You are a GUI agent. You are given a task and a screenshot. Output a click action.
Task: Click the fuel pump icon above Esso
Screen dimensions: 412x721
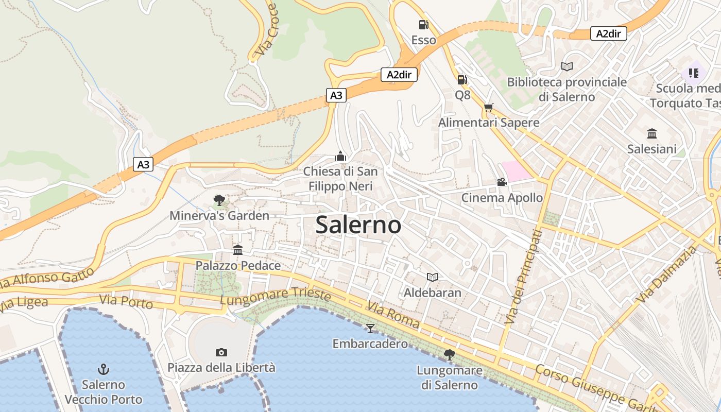coord(423,24)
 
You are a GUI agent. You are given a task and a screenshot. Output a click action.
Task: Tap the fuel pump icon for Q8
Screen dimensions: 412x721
coord(462,79)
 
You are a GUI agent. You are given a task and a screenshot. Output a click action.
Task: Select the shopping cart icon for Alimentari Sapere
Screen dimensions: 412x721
coord(488,107)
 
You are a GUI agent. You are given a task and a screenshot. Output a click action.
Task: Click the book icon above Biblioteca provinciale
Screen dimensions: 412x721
coord(566,66)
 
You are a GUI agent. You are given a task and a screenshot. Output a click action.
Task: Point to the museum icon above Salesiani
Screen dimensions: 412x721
coord(652,134)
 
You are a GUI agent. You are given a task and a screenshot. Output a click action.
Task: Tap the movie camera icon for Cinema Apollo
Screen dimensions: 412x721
coord(502,182)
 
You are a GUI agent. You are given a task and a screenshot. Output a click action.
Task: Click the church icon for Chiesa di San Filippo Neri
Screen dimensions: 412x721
coord(340,156)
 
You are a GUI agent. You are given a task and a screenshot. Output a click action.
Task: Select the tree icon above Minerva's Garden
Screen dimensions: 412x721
coord(219,200)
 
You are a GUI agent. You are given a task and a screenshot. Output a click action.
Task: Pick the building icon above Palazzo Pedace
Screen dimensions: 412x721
coord(238,250)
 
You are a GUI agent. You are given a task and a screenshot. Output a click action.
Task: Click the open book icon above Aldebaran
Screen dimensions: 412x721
coord(433,278)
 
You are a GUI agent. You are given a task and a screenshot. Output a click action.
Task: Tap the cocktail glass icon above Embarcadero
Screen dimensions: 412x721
coord(370,328)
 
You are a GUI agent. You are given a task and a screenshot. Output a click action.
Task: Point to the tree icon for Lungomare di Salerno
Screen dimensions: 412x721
coord(449,354)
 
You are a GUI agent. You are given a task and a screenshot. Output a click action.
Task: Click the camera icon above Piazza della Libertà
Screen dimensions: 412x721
coord(221,352)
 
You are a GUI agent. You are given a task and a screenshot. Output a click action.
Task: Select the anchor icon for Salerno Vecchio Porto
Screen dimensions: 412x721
coord(104,369)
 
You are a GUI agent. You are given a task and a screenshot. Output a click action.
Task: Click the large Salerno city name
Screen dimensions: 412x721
coord(358,225)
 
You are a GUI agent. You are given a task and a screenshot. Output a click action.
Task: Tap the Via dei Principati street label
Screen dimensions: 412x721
coord(524,277)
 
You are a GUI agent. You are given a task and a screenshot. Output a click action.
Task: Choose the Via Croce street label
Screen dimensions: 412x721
coord(267,30)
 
